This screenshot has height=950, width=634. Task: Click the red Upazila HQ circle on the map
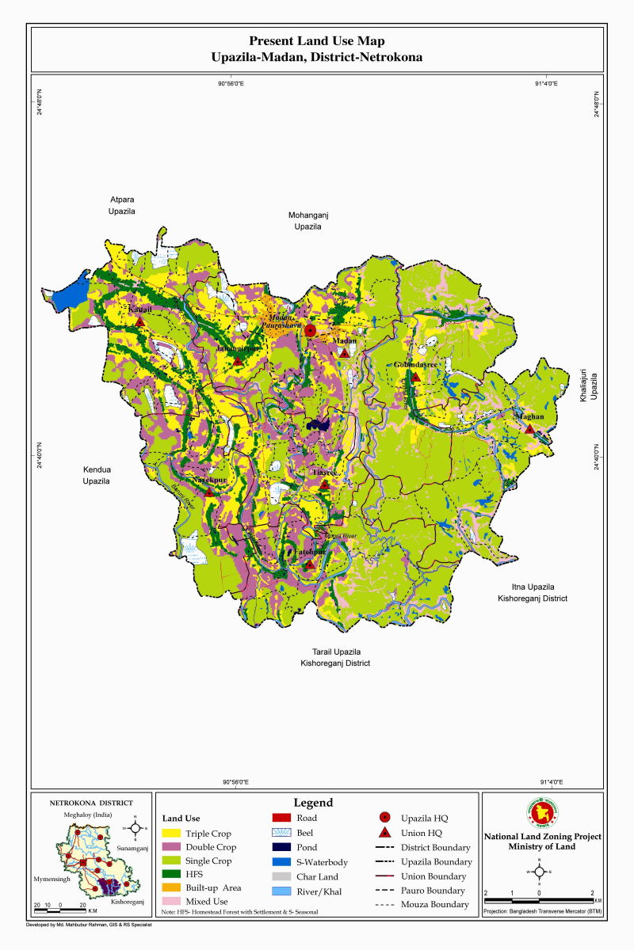(x=311, y=330)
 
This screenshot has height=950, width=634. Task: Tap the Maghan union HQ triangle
(x=529, y=428)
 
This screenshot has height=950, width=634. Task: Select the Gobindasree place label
(x=415, y=364)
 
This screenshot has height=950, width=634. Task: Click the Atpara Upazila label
(x=122, y=207)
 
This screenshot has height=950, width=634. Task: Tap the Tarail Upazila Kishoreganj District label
(x=334, y=657)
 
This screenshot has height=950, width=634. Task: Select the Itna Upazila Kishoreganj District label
(x=532, y=593)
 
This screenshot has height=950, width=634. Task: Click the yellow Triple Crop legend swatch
(x=171, y=834)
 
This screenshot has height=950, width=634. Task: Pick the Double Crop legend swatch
(x=171, y=847)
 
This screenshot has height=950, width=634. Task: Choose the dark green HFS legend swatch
(x=171, y=874)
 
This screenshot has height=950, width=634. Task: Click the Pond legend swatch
(x=282, y=847)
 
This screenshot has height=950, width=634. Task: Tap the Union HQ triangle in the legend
(x=384, y=833)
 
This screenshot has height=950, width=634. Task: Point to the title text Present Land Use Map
(x=317, y=40)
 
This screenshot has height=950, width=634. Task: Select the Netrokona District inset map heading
(x=91, y=802)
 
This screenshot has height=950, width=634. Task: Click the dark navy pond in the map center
(x=319, y=424)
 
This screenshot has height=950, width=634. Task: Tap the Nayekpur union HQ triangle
(x=209, y=492)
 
